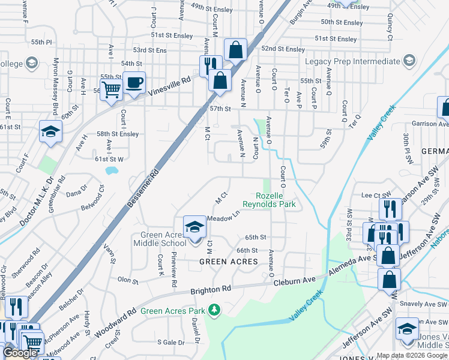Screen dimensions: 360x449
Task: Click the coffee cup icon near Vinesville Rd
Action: click(134, 83)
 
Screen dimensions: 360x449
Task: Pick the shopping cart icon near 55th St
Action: click(111, 91)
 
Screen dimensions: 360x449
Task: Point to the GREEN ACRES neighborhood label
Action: click(229, 262)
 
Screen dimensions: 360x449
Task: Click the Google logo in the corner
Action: click(21, 353)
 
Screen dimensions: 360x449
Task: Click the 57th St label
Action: click(220, 109)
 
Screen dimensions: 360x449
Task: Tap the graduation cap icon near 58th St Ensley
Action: click(50, 132)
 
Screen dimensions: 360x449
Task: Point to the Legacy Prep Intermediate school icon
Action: click(409, 61)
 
